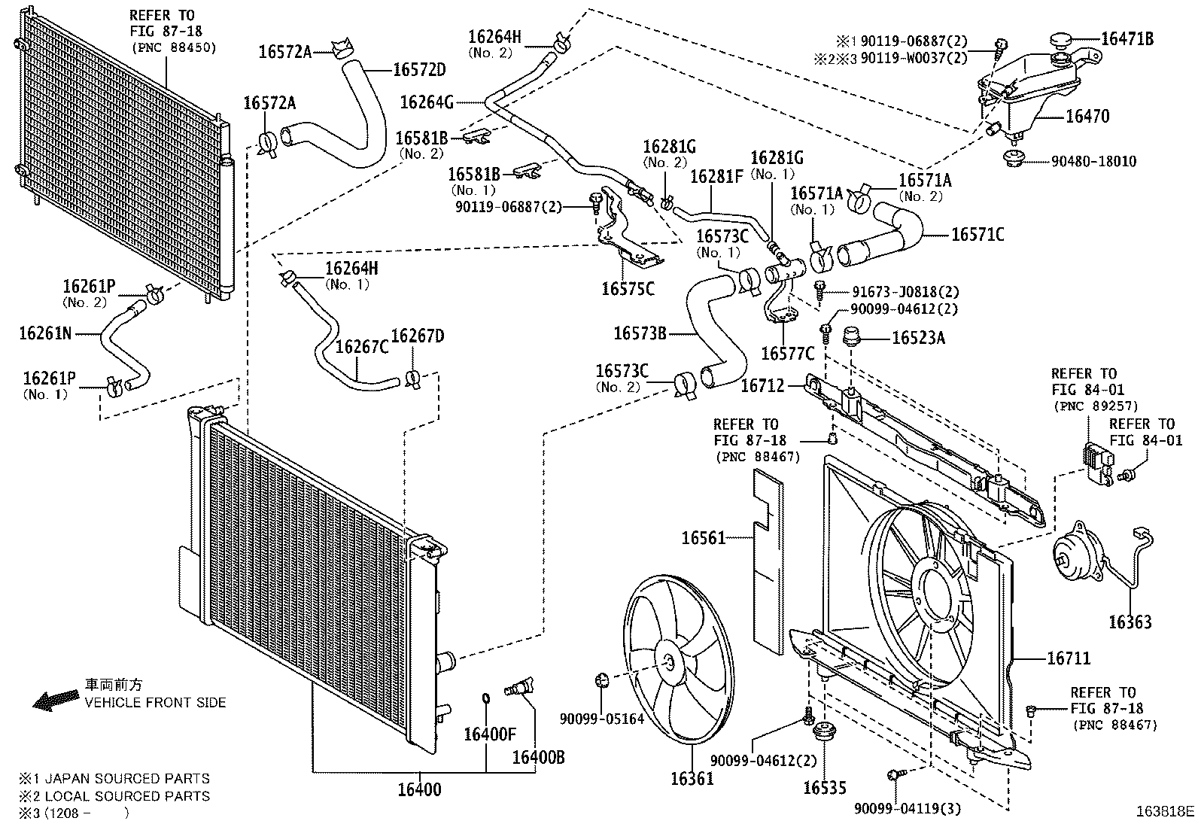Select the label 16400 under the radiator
tap(419, 789)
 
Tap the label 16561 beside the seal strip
tap(704, 537)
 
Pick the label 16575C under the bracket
tap(628, 288)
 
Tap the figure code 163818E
tap(1165, 811)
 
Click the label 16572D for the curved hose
tap(419, 70)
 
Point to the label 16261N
tap(45, 333)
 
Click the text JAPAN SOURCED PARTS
tap(127, 779)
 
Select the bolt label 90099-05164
tap(601, 719)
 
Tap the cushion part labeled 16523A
tap(853, 335)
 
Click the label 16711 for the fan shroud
tap(1069, 658)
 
